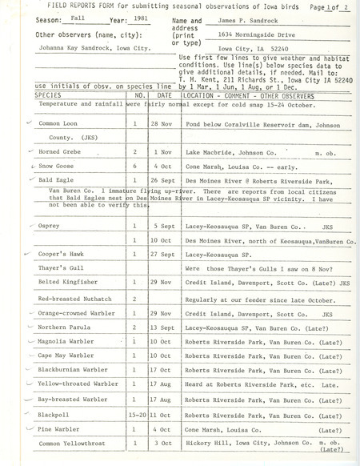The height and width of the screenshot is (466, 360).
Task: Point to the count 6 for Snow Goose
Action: click(135, 186)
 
